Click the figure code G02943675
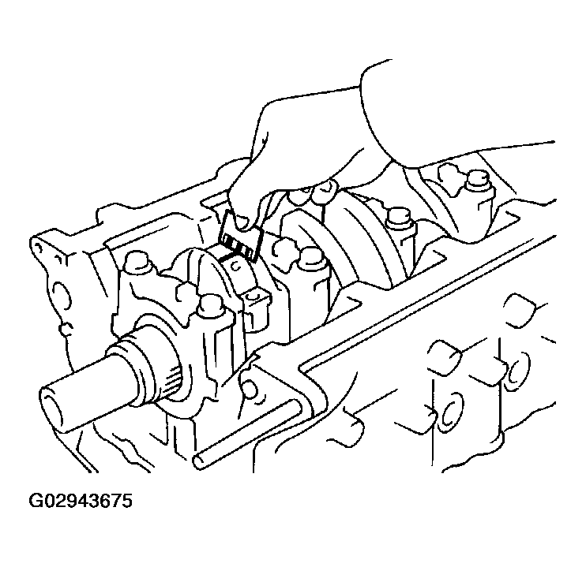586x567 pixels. coord(81,501)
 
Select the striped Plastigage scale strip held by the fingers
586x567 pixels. coord(240,236)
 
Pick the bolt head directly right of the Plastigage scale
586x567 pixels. coord(311,257)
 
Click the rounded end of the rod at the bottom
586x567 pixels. coord(199,462)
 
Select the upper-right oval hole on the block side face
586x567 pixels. coord(518,369)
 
